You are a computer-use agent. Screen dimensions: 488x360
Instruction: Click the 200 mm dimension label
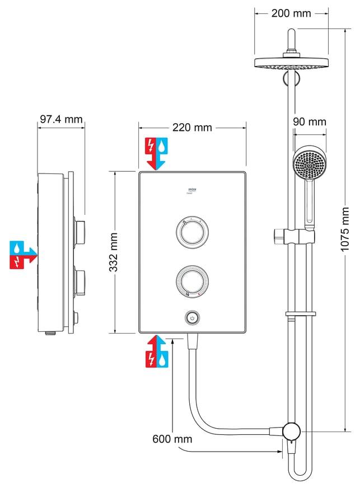coord(291,13)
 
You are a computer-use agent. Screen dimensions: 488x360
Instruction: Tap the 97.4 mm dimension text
coord(62,119)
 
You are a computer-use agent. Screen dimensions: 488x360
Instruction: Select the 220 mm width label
coord(192,128)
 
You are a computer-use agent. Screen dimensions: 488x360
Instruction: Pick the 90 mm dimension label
coord(309,121)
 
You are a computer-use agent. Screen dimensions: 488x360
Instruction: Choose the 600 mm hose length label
coord(172,438)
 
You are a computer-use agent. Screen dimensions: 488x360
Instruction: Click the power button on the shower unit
coord(192,318)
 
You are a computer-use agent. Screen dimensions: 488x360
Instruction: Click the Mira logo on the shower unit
coord(192,190)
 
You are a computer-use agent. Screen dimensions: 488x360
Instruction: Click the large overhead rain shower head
coord(289,63)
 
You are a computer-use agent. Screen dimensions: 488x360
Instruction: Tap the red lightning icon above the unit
coord(151,146)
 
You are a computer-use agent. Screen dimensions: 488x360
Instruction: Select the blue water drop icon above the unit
coord(163,146)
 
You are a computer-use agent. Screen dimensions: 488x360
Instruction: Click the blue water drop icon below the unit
coord(163,358)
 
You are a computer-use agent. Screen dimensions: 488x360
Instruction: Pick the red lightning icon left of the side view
coord(16,261)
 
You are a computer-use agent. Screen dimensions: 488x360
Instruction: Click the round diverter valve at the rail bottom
coord(291,431)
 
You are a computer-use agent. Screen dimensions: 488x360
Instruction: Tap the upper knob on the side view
coord(81,229)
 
